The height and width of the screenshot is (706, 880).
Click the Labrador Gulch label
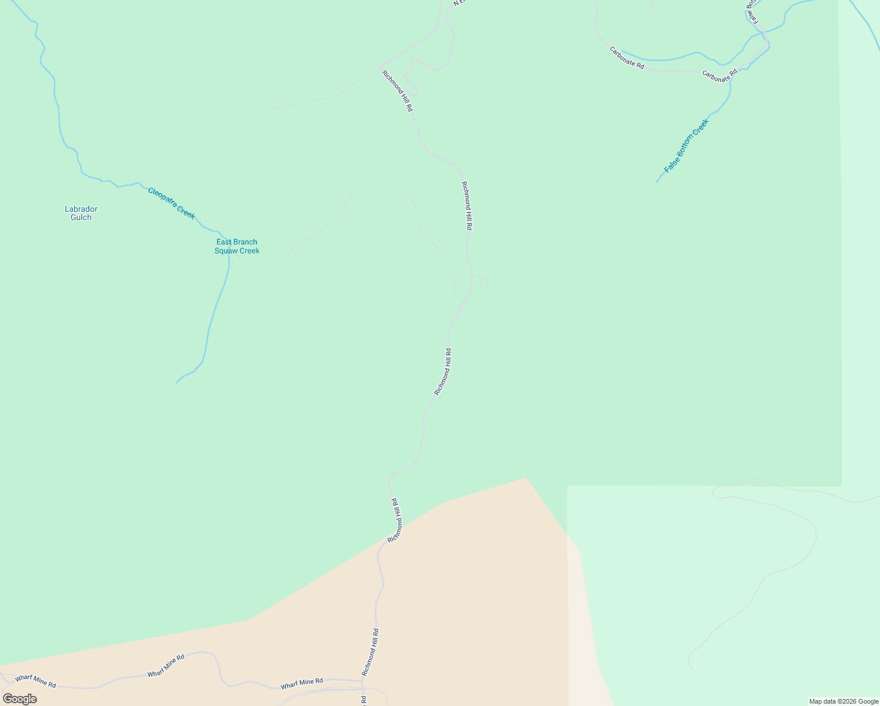coord(81,213)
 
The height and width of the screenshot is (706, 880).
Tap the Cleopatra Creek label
coord(171,203)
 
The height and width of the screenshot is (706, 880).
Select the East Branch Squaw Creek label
coord(236,247)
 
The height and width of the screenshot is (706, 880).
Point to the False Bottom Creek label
coord(686,146)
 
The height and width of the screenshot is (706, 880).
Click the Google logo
coord(19,699)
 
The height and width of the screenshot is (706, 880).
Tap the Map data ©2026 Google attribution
coord(844,701)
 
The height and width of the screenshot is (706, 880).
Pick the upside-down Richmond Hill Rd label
coord(396,520)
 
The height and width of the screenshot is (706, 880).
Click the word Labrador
coord(81,209)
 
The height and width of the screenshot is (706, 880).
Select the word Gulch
coord(81,217)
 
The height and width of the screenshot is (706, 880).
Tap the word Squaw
coord(225,251)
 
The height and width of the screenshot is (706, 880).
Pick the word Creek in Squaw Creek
coord(249,251)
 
